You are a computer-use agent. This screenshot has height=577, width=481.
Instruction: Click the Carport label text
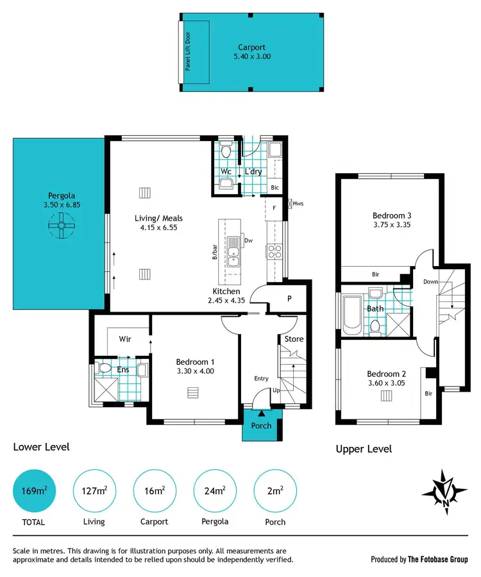251,47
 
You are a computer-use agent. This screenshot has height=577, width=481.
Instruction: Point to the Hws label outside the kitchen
298,204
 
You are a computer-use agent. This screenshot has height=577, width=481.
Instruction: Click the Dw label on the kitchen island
248,242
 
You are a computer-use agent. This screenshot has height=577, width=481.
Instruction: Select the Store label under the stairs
294,339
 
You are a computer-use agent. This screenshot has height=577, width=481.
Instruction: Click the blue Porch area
261,426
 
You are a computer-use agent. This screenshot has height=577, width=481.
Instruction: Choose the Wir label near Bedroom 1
125,339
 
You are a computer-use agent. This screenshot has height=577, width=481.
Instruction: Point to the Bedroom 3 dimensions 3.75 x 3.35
391,225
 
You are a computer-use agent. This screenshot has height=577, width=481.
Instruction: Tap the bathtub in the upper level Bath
353,315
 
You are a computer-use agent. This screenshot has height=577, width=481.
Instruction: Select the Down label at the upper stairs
431,281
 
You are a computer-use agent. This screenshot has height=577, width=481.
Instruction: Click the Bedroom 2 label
386,374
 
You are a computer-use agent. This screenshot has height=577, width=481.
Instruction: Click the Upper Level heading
364,449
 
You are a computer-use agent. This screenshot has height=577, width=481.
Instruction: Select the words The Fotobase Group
439,559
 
